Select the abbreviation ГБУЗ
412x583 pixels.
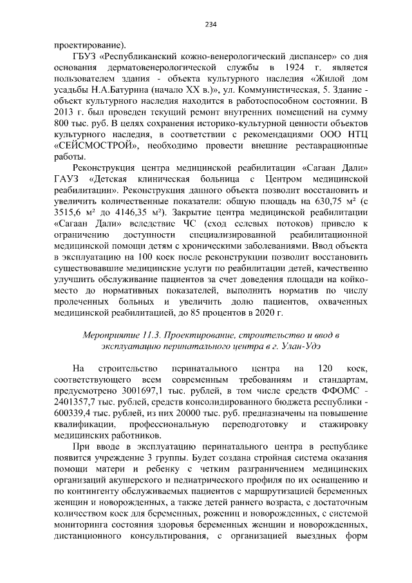[x=87, y=57]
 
